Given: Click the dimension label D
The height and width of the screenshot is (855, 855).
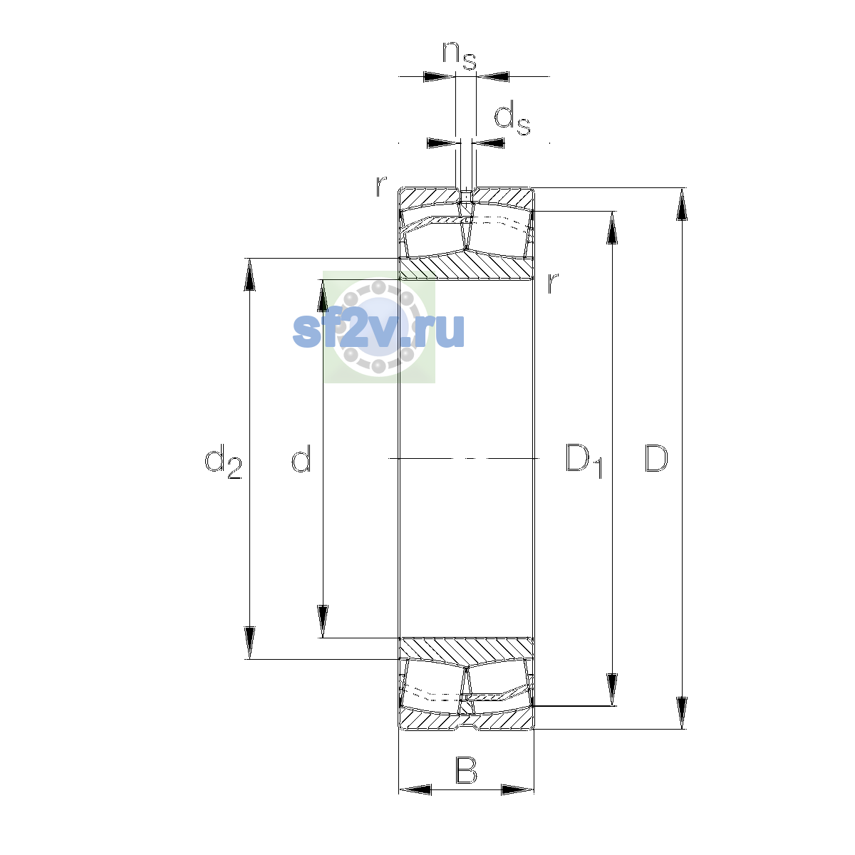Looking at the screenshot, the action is pos(655,457).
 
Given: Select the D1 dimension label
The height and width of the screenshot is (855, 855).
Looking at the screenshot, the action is pos(584,460).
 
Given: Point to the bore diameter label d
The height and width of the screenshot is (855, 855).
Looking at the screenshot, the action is pos(301,457).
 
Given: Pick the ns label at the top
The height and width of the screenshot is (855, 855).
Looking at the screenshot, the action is pos(460,56).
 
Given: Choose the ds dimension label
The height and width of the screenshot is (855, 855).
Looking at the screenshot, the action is pos(512,118).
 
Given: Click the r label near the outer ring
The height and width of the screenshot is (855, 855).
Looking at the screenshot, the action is pos(381,186).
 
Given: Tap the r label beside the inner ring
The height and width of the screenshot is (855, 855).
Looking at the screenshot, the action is pos(553,283).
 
